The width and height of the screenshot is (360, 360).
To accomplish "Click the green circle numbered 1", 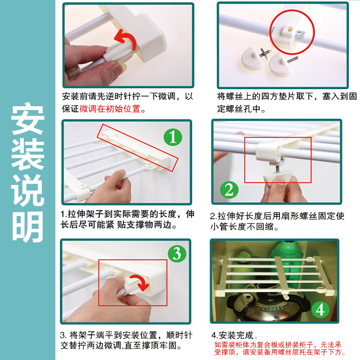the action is (x=173, y=137).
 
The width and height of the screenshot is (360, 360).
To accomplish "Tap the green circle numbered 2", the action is (x=229, y=190).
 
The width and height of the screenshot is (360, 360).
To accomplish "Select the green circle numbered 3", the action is (x=177, y=253).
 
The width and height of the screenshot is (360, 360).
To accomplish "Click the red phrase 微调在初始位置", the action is (x=110, y=108).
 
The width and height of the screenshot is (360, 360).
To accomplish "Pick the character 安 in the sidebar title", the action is (x=27, y=119).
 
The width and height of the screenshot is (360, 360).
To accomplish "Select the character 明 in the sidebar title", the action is (x=27, y=227).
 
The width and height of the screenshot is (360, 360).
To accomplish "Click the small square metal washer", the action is (x=299, y=34).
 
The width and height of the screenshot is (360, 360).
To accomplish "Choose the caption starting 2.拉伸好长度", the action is (x=277, y=221).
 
